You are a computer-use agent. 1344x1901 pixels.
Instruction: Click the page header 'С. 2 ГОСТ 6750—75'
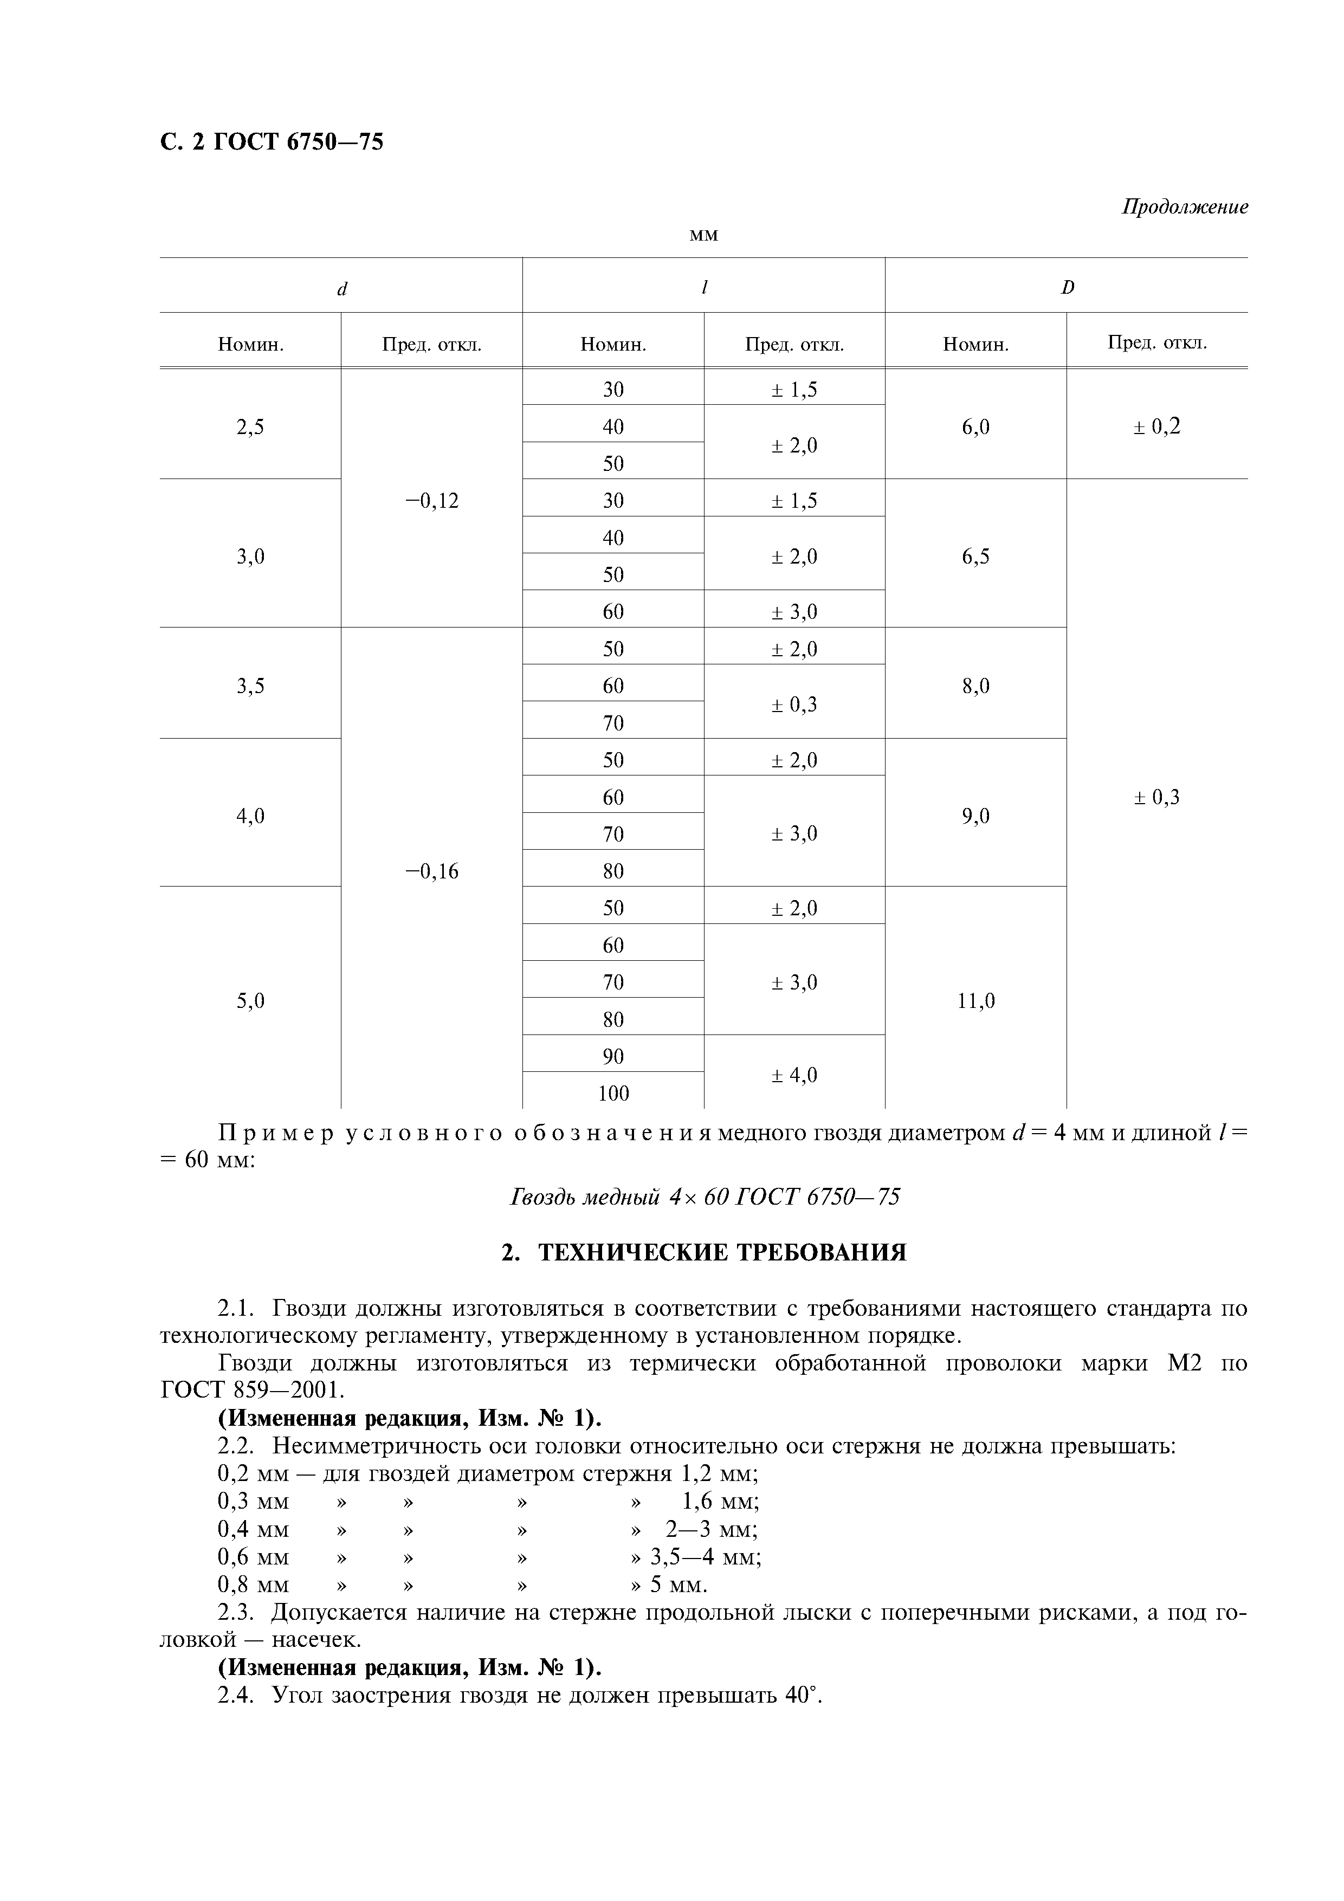pos(271,143)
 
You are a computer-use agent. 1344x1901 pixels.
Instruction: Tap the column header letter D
pos(1068,287)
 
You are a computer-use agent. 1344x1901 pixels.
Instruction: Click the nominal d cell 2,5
pos(250,426)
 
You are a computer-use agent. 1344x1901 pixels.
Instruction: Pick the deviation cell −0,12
pos(431,500)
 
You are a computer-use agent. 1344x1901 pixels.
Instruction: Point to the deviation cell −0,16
pos(431,871)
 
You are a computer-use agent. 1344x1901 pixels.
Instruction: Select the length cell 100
pos(613,1093)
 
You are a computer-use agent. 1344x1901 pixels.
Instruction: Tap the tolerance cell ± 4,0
pos(793,1075)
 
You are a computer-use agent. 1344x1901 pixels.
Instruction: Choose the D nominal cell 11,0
pos(975,1001)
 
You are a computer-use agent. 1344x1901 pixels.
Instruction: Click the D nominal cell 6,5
pos(975,557)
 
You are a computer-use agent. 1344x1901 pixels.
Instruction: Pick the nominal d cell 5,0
pos(250,1001)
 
